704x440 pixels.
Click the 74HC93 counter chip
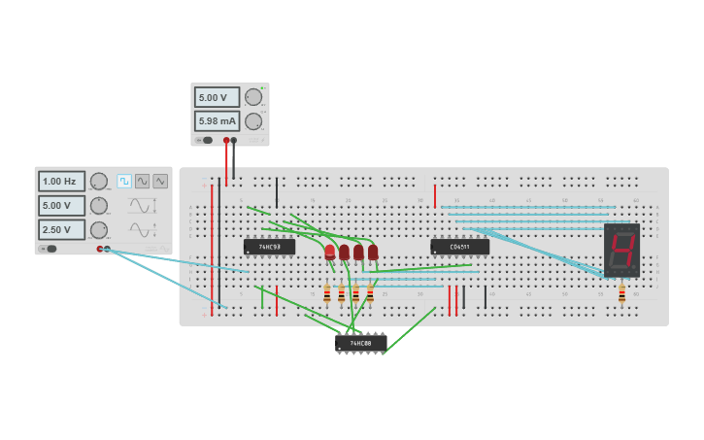coord(269,247)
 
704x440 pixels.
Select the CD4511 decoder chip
coord(459,247)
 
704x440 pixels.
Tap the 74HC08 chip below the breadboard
coord(361,343)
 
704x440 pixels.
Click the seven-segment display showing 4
coord(621,250)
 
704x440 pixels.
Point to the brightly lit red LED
coord(330,253)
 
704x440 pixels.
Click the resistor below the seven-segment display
coord(621,293)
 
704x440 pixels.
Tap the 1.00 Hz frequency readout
coord(61,182)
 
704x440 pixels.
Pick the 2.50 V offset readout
coord(61,229)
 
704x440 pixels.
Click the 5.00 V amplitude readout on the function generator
coord(61,206)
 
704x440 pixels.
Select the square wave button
coord(124,181)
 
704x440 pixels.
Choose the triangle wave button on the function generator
coord(160,181)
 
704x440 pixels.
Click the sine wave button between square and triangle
coord(143,181)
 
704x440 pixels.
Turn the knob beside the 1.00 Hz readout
coord(99,182)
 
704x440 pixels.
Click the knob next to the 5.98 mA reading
coord(253,121)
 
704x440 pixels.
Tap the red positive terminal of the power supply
coord(226,141)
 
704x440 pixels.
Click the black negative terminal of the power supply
coord(234,141)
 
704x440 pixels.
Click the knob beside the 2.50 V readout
coord(99,229)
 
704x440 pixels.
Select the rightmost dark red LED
coord(373,253)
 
